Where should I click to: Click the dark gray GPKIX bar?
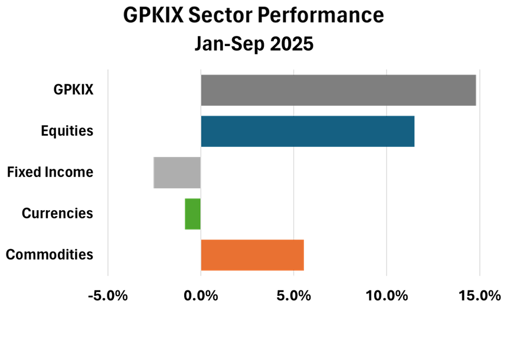338,90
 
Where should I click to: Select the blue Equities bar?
308,131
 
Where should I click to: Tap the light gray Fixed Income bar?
177,172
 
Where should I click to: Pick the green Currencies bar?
192,214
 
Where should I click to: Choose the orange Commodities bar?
252,255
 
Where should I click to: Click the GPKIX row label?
73,90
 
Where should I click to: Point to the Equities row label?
67,131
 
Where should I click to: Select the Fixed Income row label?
50,172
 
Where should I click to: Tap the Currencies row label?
57,214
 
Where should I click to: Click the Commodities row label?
50,255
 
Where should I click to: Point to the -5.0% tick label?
107,295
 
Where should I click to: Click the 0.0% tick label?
201,295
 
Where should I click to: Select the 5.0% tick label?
293,295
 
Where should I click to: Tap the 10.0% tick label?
386,295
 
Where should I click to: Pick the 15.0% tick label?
479,295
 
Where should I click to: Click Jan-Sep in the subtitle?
225,44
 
